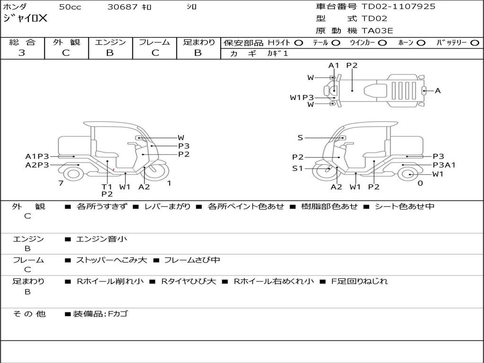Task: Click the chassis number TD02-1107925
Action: coord(398,7)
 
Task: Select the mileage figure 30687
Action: coord(122,7)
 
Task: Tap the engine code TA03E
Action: coord(377,31)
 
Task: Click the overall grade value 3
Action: coord(22,53)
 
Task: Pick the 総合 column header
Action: coord(22,42)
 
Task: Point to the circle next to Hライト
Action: coord(299,43)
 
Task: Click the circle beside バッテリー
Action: coord(475,43)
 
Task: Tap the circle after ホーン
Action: coord(421,43)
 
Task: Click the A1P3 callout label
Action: coord(37,156)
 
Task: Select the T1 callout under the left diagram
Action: coord(107,187)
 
